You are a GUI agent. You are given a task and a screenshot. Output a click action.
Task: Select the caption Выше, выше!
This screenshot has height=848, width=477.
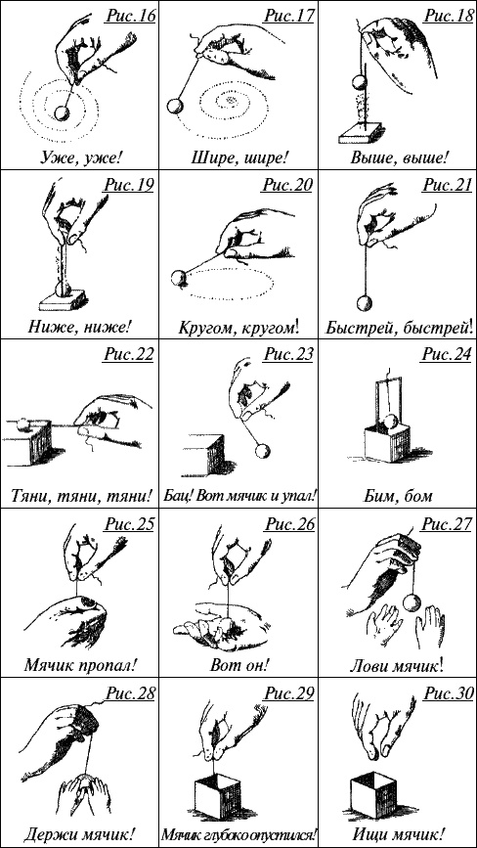click(398, 156)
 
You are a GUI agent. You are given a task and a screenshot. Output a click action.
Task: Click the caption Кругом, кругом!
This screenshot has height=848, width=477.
click(238, 328)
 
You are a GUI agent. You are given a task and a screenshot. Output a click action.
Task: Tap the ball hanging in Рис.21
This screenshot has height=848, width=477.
click(364, 302)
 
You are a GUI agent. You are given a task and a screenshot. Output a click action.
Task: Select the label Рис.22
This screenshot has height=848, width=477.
click(129, 354)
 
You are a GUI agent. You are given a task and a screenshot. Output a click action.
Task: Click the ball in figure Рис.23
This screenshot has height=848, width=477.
click(261, 449)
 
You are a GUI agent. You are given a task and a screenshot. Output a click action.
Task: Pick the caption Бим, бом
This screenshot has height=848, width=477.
click(398, 495)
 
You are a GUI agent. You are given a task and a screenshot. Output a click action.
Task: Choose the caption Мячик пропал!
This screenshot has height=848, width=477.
click(79, 664)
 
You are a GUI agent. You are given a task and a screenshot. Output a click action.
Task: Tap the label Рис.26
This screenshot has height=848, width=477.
click(289, 523)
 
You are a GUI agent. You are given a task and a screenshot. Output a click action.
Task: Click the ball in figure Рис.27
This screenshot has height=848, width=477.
click(412, 602)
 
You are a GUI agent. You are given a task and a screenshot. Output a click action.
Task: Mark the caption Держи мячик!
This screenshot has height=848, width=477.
click(79, 833)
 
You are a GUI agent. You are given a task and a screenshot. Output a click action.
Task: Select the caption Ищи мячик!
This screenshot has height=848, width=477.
click(399, 833)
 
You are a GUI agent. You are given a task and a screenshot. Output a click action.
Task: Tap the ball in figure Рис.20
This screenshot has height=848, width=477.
click(178, 278)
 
